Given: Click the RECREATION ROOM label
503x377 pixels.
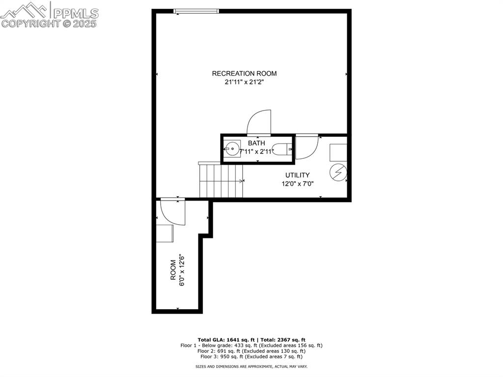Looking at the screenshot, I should (x=244, y=74).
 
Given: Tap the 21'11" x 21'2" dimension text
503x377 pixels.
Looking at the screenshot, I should (x=244, y=83).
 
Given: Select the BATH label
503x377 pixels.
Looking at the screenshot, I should (x=256, y=143).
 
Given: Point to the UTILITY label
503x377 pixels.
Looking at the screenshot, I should (x=298, y=175).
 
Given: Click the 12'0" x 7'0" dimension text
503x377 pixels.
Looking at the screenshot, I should (x=297, y=184).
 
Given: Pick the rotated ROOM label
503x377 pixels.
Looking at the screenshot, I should (x=173, y=270).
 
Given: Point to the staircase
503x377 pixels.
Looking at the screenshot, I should (x=221, y=180).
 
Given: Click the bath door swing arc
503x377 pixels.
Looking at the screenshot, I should (x=259, y=122).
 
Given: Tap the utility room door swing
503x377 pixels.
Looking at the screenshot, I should (x=307, y=146).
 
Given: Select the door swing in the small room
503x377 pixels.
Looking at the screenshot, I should (x=173, y=212).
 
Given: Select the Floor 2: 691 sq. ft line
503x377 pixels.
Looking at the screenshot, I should (x=251, y=351).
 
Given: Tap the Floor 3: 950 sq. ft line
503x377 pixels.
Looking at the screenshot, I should (x=251, y=357).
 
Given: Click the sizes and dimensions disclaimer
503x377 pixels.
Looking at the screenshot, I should (x=251, y=367).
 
